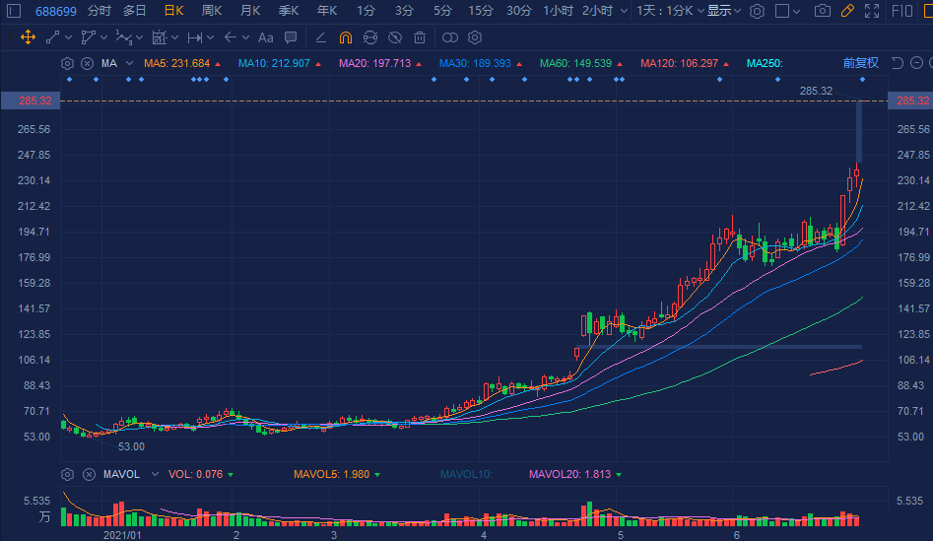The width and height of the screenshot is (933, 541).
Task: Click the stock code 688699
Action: pyautogui.click(x=57, y=11)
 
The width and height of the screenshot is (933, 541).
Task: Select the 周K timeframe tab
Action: pyautogui.click(x=211, y=11)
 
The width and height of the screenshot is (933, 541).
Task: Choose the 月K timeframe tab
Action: pyautogui.click(x=250, y=11)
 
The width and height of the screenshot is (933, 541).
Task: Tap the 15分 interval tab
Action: pyautogui.click(x=481, y=11)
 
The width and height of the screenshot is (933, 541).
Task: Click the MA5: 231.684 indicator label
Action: pyautogui.click(x=177, y=63)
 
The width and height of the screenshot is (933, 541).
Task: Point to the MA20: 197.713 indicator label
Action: pyautogui.click(x=374, y=63)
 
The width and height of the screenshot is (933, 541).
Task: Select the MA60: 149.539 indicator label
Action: pyautogui.click(x=575, y=63)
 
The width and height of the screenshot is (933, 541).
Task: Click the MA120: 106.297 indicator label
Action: pyautogui.click(x=679, y=63)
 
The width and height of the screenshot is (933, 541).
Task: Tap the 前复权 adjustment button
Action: pyautogui.click(x=860, y=63)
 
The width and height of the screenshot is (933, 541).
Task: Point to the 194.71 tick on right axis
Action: pyautogui.click(x=911, y=232)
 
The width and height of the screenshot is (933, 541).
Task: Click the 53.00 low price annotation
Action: pyautogui.click(x=131, y=446)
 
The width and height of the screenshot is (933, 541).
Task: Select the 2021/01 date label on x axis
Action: pyautogui.click(x=123, y=535)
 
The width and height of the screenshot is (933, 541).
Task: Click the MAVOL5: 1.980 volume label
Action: pyautogui.click(x=331, y=474)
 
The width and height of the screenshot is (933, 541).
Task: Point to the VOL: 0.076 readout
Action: pyautogui.click(x=195, y=474)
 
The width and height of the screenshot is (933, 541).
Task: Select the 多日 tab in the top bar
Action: pyautogui.click(x=135, y=11)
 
